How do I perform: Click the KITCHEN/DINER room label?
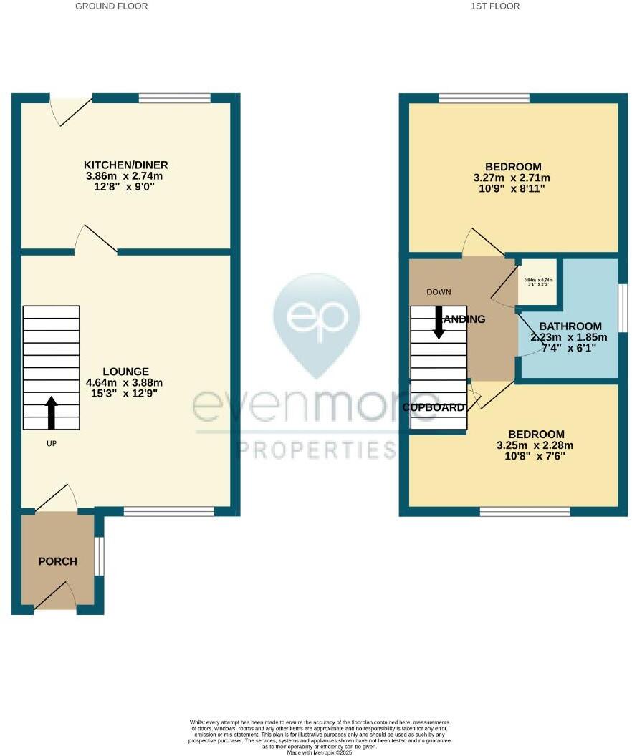click(125, 165)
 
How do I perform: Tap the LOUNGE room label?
click(125, 372)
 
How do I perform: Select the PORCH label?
click(57, 561)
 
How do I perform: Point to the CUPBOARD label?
click(434, 407)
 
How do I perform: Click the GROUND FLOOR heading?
click(112, 6)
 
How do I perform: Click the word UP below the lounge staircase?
click(51, 444)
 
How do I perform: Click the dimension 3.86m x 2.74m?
click(125, 176)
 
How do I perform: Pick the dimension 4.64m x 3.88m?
click(125, 383)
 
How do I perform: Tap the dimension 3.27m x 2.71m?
click(512, 178)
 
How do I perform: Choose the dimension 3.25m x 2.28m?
click(535, 445)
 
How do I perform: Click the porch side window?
click(100, 556)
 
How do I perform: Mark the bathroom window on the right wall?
click(623, 308)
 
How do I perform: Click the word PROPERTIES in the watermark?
click(317, 450)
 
